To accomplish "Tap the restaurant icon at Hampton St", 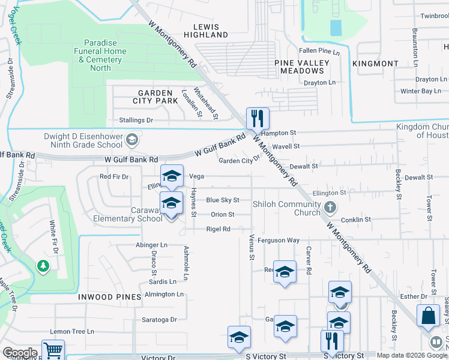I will coord(258,118).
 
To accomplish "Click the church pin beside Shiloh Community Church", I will coord(330,208).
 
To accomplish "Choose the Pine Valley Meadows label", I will coord(302,67).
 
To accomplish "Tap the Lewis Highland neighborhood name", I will coord(211,31).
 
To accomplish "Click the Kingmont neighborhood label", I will coord(375,63).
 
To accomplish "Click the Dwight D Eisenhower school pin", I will coord(132,141).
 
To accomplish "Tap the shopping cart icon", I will coord(53,350).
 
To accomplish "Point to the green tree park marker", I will coord(43,265).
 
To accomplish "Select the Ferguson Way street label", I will coord(278,240).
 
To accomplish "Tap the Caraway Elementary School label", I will coord(127,214).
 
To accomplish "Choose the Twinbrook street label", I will coord(435,16).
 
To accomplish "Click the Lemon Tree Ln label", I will coord(72,331).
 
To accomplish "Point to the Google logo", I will coord(20,353).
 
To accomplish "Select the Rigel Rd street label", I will coord(218,229).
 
